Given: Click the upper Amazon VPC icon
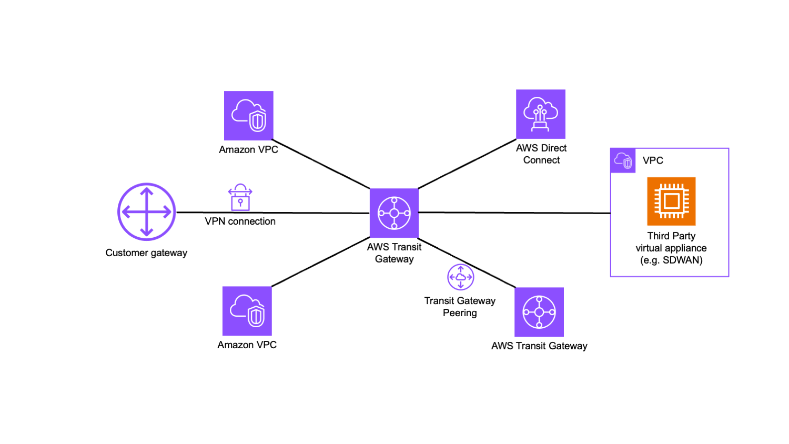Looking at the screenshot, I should pos(248,116).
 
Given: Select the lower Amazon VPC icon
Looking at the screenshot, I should pos(247,311).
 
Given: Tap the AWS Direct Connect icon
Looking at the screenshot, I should pos(540,114).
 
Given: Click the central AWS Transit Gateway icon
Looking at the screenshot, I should pos(394,213).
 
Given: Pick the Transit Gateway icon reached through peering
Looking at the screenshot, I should pos(539,312).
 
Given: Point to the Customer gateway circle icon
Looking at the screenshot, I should pos(147,212).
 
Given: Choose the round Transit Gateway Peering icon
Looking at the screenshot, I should pos(460,277).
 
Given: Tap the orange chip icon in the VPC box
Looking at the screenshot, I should pos(671,201).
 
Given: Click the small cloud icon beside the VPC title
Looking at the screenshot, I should pos(623,160).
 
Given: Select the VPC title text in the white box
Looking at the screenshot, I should pos(653,160).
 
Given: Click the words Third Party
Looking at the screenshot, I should pos(671,236).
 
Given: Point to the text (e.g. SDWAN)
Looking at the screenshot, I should pos(671,260).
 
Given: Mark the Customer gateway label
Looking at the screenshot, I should pos(146,253).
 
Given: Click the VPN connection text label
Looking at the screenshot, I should pos(240,221).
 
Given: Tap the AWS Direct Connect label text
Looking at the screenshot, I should pos(541,154).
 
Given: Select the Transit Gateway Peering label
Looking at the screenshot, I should pos(460,307).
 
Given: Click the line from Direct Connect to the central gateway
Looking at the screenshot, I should pos(467,164).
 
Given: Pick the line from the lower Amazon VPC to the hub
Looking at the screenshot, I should pos(321,261).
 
